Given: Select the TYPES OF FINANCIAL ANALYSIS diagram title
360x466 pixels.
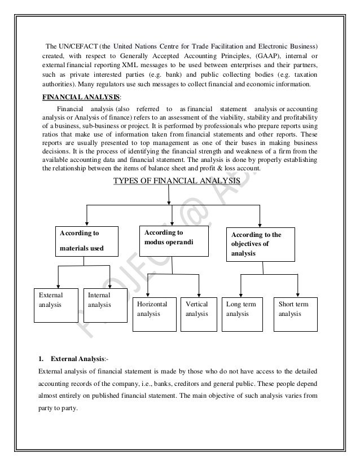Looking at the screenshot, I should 177,181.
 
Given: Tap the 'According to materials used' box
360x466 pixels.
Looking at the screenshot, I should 85,241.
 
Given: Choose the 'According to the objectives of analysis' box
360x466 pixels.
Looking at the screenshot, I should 260,244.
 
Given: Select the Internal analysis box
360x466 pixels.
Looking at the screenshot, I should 106,305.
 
